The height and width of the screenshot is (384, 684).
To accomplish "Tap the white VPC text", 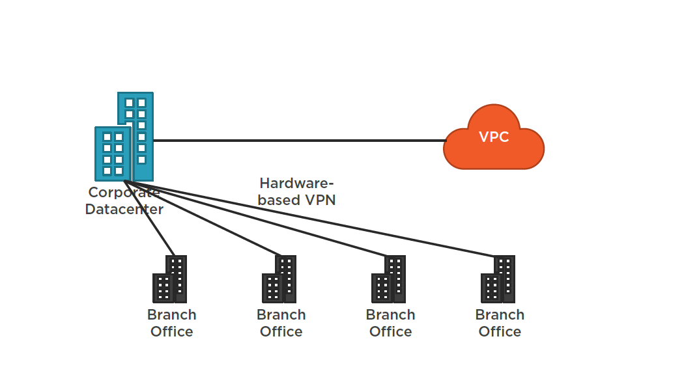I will click(494, 137).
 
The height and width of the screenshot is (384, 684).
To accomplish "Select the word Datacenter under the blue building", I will click(124, 210).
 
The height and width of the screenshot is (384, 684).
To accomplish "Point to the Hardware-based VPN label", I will click(296, 192).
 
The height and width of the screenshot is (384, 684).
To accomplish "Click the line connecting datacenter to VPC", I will click(300, 140).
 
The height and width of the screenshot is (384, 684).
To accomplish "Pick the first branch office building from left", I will click(170, 280).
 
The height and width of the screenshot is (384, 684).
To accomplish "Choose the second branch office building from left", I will click(279, 280).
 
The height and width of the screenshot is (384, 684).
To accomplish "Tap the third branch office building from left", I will click(389, 280).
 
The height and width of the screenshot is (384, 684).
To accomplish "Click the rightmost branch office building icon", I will click(498, 280).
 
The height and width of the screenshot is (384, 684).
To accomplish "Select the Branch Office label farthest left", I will click(171, 323).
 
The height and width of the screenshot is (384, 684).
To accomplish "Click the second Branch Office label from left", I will click(281, 323).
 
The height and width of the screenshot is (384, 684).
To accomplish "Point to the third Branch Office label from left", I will click(390, 323).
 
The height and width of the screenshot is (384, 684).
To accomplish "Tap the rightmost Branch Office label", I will click(500, 323).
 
